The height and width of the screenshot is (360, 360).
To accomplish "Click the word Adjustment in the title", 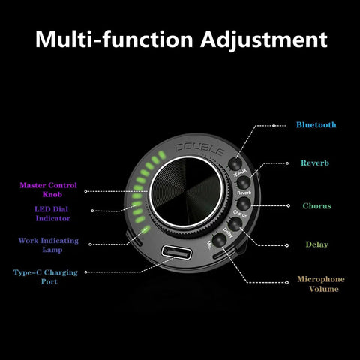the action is pos(264,40).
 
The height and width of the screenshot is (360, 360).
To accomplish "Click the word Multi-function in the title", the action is pos(114,39).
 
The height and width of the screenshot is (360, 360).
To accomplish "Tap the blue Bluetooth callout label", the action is pos(316,124).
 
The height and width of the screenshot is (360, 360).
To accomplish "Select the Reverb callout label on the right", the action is pos(315,163).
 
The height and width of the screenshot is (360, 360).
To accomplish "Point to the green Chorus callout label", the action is pos(316,206).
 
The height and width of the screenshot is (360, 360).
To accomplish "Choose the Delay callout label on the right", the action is pos(316,244).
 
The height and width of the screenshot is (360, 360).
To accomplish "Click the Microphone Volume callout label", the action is pos(321,283).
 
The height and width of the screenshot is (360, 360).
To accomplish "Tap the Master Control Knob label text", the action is pos(49,190).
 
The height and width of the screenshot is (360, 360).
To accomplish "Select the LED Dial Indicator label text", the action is pos(52,214).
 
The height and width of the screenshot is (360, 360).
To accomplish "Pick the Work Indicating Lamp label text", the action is pos(49,245).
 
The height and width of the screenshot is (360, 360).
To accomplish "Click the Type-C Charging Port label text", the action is pos(46,277).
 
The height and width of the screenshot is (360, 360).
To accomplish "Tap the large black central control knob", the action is pos(186,193).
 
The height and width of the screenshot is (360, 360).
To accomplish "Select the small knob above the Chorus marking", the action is pos(244,204).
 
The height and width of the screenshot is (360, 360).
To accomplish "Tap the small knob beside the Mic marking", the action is pos(220,240).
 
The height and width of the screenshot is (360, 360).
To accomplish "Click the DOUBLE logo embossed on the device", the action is pos(199,149).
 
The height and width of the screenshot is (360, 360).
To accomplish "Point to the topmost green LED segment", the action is pos(162,155).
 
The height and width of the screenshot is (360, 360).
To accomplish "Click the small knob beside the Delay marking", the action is pos(235,223).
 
